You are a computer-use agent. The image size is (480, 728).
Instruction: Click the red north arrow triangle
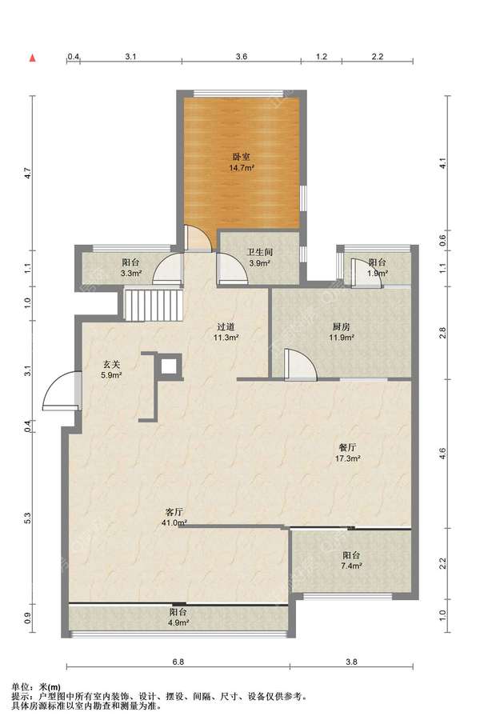coord(33,58)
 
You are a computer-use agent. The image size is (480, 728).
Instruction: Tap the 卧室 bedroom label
coord(242,158)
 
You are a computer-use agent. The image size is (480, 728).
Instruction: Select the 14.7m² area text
coord(242,168)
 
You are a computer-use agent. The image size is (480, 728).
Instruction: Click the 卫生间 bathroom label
coord(259,253)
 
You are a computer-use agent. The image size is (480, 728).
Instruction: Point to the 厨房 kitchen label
coord(342,327)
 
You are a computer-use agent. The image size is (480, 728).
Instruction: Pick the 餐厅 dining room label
coord(347,447)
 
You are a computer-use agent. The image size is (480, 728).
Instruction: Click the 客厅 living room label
coord(175,513)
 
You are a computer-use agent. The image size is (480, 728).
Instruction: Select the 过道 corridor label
coord(226,327)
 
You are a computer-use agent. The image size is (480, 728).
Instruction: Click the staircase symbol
coord(153,305)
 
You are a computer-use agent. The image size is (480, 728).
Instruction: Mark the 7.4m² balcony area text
coord(351,566)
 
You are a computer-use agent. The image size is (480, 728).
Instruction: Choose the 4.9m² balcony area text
coord(178,622)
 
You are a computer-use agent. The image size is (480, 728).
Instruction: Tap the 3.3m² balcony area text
coord(131,274)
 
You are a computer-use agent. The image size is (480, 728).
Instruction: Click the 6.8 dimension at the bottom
coord(178,662)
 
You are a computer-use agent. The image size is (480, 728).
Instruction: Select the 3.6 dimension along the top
coord(242,57)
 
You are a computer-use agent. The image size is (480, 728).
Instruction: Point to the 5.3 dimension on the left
coord(27,518)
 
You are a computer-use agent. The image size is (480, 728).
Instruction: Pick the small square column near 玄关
coord(170,366)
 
